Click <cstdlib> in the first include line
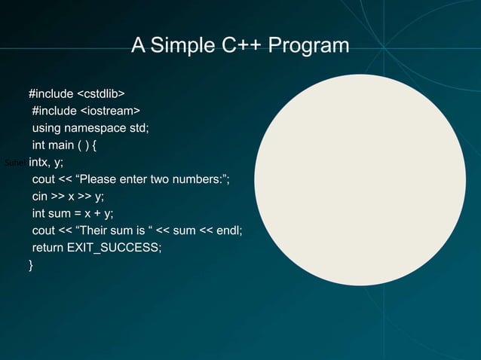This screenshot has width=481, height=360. (x=101, y=93)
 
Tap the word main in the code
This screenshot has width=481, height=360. (x=60, y=145)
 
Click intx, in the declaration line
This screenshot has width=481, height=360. (x=38, y=162)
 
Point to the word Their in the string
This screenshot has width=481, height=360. (x=94, y=230)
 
